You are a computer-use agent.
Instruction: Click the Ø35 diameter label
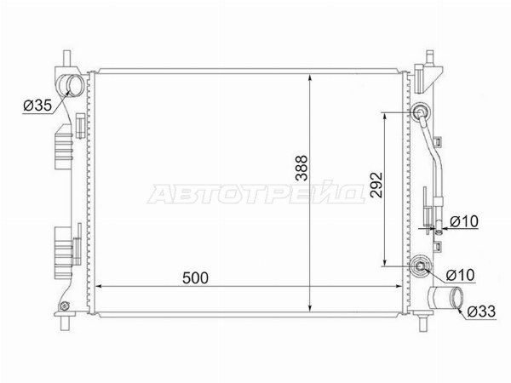[x=37, y=106]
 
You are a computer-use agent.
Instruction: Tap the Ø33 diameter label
[x=481, y=312]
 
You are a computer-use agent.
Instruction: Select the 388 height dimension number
[x=301, y=168]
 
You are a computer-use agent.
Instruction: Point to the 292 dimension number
[x=376, y=185]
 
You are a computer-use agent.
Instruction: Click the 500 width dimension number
[x=195, y=277]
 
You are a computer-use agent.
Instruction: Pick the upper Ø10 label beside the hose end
[x=464, y=222]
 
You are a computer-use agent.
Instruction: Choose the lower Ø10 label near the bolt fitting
[x=461, y=275]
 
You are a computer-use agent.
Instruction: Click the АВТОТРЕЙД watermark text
[x=255, y=193]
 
